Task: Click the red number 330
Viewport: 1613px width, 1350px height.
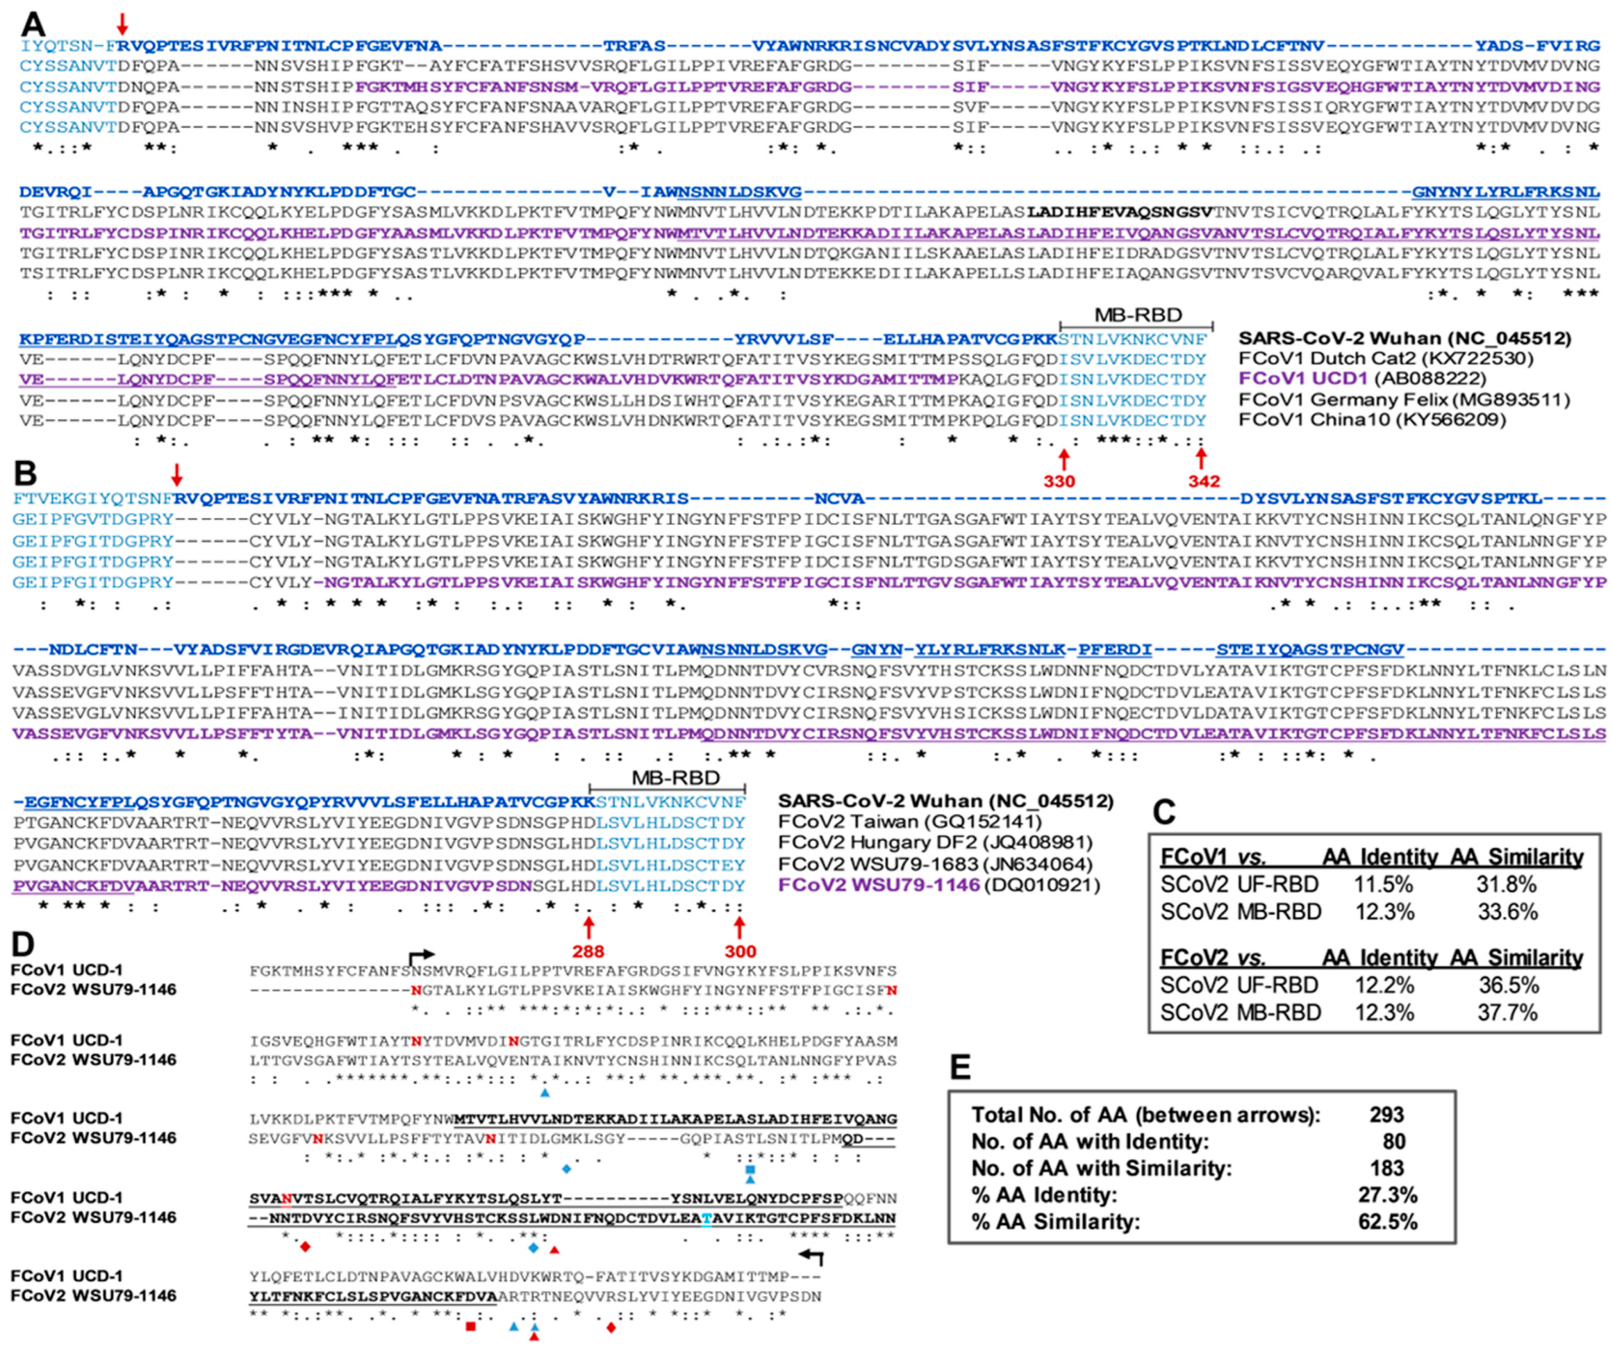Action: pos(1058,482)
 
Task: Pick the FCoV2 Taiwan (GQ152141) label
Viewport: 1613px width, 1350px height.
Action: pos(909,822)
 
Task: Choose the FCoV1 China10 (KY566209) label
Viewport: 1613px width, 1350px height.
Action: pos(1372,419)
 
